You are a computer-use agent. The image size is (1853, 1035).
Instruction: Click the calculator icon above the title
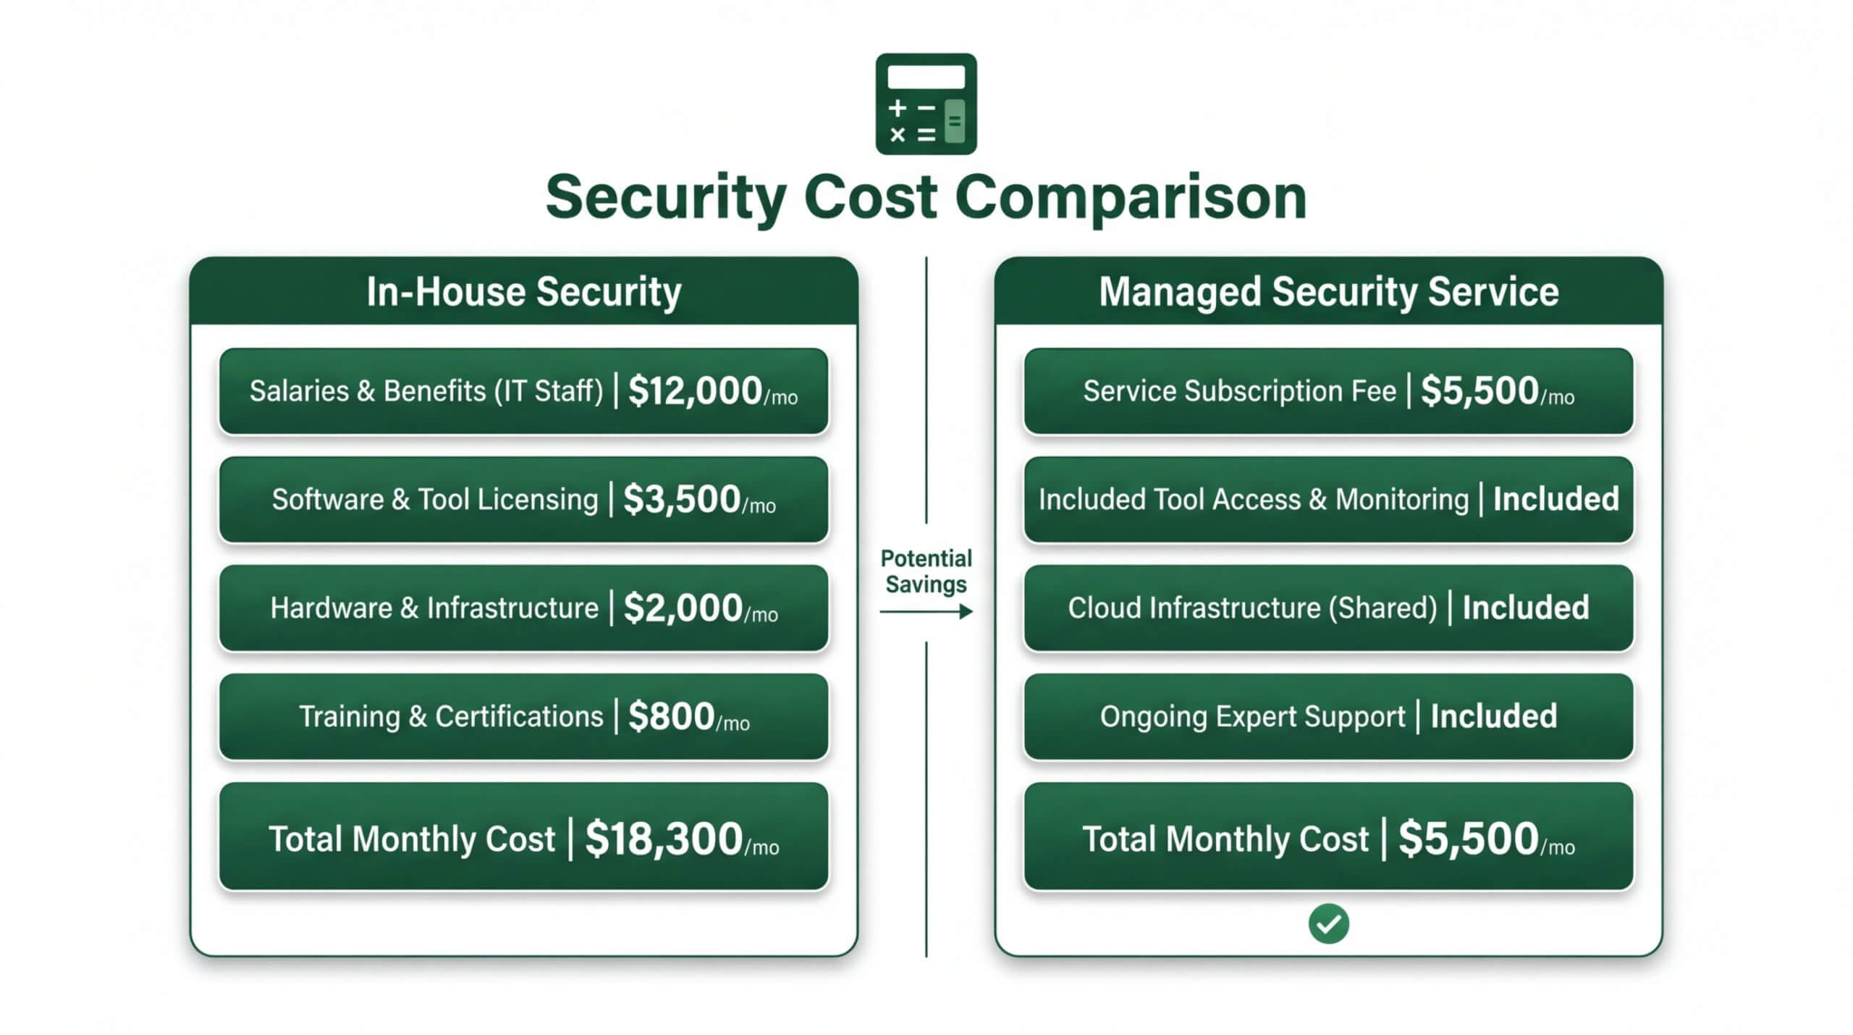pyautogui.click(x=926, y=104)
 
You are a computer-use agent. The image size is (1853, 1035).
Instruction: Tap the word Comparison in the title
pyautogui.click(x=1131, y=197)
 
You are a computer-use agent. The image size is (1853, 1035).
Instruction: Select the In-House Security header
pyautogui.click(x=523, y=291)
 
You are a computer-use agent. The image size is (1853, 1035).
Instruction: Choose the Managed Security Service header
pyautogui.click(x=1328, y=291)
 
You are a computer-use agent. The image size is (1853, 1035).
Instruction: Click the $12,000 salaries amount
pyautogui.click(x=695, y=391)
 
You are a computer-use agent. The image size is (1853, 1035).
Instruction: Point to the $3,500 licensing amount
pyautogui.click(x=681, y=500)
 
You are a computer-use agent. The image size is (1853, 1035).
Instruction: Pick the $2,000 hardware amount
pyautogui.click(x=683, y=608)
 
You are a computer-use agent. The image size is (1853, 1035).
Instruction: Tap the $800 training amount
pyautogui.click(x=671, y=716)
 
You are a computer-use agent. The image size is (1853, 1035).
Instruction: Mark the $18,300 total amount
pyautogui.click(x=664, y=839)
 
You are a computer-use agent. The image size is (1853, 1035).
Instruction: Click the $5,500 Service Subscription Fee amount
pyautogui.click(x=1479, y=391)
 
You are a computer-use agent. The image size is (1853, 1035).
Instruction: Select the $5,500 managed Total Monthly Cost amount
pyautogui.click(x=1468, y=839)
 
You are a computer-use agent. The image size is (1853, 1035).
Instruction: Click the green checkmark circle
pyautogui.click(x=1328, y=924)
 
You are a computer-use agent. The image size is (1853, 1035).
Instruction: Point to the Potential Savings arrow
pyautogui.click(x=926, y=612)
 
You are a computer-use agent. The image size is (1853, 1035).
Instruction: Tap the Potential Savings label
pyautogui.click(x=926, y=571)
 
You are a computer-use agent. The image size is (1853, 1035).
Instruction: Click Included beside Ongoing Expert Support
pyautogui.click(x=1493, y=716)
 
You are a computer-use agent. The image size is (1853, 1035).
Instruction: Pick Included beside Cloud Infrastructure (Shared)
pyautogui.click(x=1525, y=608)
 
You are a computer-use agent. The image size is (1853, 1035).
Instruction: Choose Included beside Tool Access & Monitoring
pyautogui.click(x=1556, y=500)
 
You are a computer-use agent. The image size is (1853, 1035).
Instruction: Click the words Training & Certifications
pyautogui.click(x=451, y=716)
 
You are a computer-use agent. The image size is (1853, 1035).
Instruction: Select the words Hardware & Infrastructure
pyautogui.click(x=434, y=608)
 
